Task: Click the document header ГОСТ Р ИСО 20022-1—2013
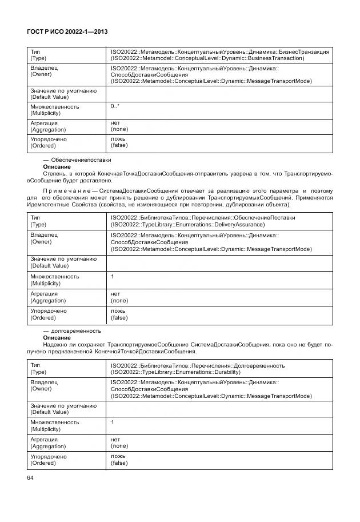pyautogui.click(x=70, y=33)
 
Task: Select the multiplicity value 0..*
pyautogui.click(x=115, y=107)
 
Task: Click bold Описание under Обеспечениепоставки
pyautogui.click(x=57, y=166)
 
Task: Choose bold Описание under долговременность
pyautogui.click(x=57, y=337)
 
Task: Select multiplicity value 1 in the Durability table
pyautogui.click(x=112, y=422)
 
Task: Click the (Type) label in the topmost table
pyautogui.click(x=38, y=58)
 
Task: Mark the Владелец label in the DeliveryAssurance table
pyautogui.click(x=43, y=235)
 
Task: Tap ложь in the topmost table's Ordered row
pyautogui.click(x=118, y=139)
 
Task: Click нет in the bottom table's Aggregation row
pyautogui.click(x=115, y=440)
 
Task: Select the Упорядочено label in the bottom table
pyautogui.click(x=49, y=456)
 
